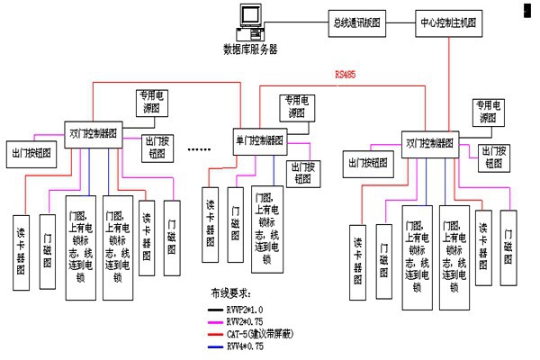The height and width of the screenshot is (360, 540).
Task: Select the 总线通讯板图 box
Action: [x=356, y=22]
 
